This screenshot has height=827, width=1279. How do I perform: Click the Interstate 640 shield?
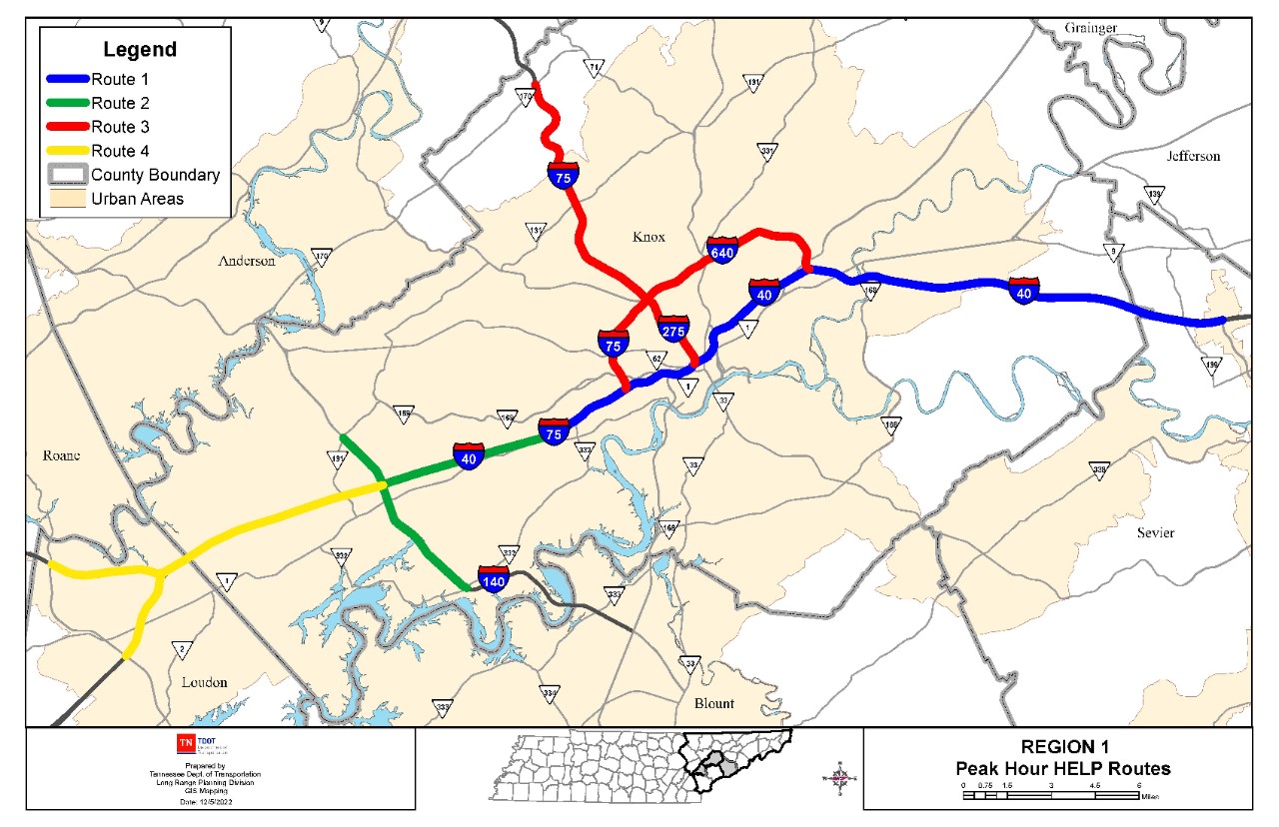pos(722,250)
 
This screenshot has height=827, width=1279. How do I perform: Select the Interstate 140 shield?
pos(494,578)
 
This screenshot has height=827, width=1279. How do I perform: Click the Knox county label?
pos(648,237)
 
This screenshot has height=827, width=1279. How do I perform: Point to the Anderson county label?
pos(247,261)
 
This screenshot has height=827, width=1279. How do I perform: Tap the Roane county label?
pos(61,455)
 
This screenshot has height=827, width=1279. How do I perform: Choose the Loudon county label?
pos(204,682)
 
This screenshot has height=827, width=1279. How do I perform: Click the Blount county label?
pos(713,703)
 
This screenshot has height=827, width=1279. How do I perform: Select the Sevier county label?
pos(1156,532)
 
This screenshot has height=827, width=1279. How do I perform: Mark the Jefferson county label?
pos(1193,156)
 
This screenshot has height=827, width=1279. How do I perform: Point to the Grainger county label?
pos(1091,28)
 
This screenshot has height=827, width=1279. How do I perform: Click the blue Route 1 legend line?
pos(67,79)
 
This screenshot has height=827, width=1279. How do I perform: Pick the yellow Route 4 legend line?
pos(67,151)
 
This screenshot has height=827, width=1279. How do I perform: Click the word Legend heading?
pos(140,49)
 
